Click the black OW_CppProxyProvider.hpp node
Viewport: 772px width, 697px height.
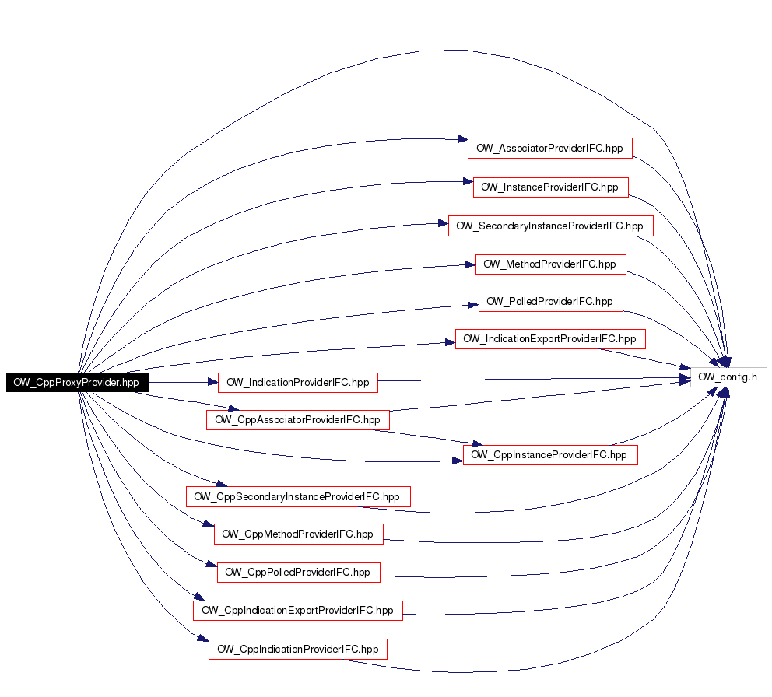click(x=77, y=383)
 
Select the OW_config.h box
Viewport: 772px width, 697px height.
click(x=728, y=377)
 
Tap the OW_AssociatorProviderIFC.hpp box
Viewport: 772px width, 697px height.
click(x=550, y=148)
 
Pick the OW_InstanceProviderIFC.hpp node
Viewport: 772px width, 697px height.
click(x=551, y=187)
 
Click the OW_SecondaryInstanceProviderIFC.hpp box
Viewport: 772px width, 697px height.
click(x=551, y=226)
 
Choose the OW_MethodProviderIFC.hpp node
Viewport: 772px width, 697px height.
click(x=551, y=264)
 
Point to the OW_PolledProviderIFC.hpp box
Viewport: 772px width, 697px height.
click(x=551, y=301)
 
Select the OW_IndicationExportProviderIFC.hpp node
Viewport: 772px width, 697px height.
click(x=550, y=339)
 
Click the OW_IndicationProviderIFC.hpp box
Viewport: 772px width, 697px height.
click(x=298, y=383)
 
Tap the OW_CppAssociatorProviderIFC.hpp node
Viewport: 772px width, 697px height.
click(x=298, y=420)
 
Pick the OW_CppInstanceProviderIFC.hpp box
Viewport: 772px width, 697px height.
click(x=550, y=455)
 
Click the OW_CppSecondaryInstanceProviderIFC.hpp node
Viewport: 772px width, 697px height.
click(x=298, y=496)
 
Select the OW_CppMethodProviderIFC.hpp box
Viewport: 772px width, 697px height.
click(x=299, y=534)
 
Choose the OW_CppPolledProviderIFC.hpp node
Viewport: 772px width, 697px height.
click(x=299, y=572)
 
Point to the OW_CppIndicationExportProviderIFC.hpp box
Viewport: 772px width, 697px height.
click(x=298, y=611)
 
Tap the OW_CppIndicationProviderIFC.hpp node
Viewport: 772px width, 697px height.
click(x=298, y=650)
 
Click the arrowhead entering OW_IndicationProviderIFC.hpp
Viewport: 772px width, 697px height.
click(x=212, y=382)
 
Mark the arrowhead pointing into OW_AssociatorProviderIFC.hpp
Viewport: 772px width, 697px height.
click(x=462, y=139)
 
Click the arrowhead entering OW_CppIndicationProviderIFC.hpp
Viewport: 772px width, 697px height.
click(x=203, y=638)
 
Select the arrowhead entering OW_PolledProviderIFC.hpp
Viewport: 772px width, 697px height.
click(x=473, y=305)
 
